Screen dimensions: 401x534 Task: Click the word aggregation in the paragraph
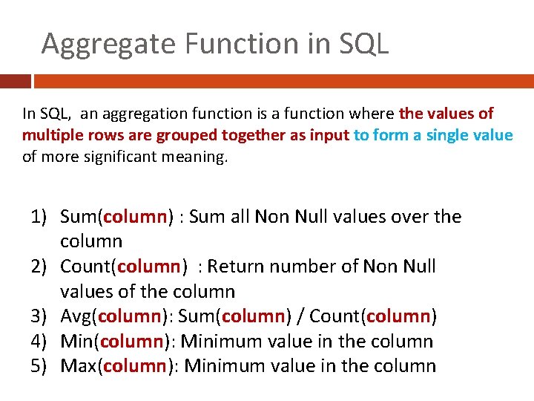click(x=126, y=114)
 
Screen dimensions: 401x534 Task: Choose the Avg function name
click(x=76, y=317)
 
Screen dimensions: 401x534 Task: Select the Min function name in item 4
click(x=76, y=342)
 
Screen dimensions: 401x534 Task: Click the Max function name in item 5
click(x=77, y=366)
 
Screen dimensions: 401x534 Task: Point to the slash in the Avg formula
click(x=299, y=317)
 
